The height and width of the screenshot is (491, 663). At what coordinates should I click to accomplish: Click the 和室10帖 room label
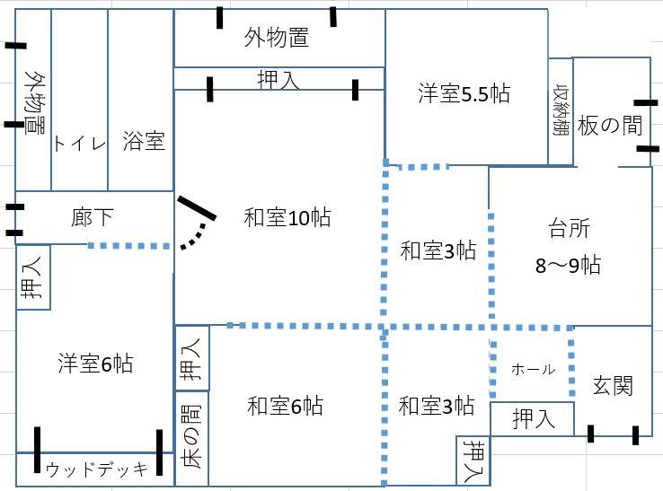pos(287,216)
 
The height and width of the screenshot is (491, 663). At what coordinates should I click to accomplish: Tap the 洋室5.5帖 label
pos(464,93)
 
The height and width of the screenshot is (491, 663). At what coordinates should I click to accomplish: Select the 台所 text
pos(568,229)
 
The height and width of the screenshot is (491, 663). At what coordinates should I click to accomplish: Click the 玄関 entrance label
pos(613,386)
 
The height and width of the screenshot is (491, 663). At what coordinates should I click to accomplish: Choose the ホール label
pos(532,370)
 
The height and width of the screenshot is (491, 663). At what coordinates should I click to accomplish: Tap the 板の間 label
pos(611,126)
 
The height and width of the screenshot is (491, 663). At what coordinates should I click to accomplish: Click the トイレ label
pos(79,144)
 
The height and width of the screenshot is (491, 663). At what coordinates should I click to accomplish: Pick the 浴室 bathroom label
pos(144,140)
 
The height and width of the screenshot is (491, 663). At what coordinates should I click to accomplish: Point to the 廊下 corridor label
pos(93,217)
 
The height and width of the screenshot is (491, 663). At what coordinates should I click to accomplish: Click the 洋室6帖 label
pos(95,364)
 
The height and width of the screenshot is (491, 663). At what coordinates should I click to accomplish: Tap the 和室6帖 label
pos(285,407)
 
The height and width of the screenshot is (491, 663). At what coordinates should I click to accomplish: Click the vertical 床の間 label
pos(191,437)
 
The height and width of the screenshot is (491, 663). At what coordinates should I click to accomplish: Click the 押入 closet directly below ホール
pos(531,418)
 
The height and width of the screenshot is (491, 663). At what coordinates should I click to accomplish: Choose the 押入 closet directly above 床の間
pos(191,357)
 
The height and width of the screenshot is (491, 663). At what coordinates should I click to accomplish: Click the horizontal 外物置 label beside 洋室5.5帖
pos(277,38)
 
